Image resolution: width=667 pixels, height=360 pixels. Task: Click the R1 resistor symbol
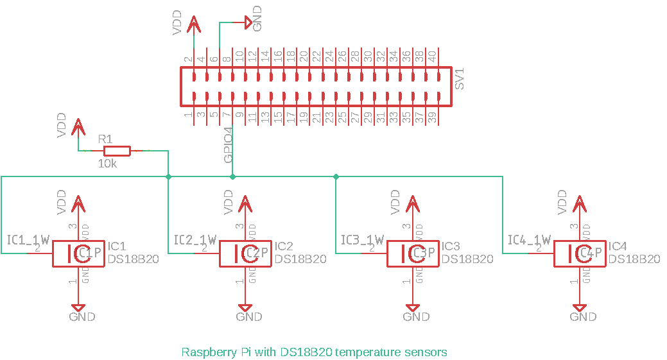(117, 151)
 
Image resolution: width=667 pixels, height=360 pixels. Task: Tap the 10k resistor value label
(107, 164)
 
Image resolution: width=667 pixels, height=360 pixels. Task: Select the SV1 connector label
(459, 77)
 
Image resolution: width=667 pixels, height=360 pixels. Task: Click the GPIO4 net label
(228, 146)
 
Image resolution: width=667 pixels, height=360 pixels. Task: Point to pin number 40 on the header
(432, 56)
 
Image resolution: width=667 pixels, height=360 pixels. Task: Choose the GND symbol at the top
(248, 23)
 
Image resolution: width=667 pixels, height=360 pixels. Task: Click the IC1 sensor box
(78, 254)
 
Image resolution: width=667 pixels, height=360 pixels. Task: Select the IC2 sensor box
(245, 254)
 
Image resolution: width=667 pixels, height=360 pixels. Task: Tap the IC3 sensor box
(411, 254)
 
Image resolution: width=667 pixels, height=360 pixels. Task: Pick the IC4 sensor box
(578, 254)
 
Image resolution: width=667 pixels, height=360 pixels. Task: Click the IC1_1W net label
(28, 240)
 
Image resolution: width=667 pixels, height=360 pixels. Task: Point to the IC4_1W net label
(529, 240)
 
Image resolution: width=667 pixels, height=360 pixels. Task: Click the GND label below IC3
(416, 316)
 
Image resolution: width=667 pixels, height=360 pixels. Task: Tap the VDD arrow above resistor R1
(78, 126)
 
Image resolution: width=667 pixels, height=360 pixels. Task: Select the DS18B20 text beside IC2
(300, 259)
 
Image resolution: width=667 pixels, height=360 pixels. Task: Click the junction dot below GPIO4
(232, 176)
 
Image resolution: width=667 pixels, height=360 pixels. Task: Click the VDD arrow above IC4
(579, 203)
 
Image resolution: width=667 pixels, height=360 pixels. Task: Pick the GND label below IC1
(82, 316)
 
